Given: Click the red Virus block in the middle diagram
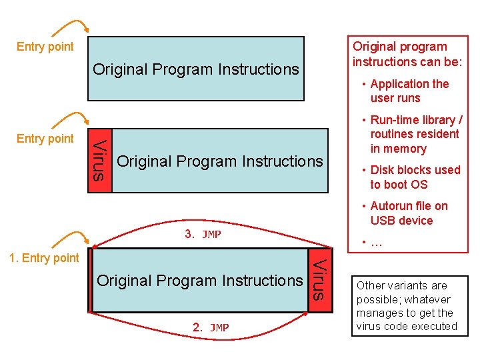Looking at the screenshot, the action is click(x=100, y=161).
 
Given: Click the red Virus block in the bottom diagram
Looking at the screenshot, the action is click(x=320, y=280).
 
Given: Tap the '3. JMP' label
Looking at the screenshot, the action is click(x=203, y=234).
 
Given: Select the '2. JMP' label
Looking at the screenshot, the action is click(x=211, y=327).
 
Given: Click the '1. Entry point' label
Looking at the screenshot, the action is click(x=44, y=258).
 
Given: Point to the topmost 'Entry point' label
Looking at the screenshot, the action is click(x=45, y=47).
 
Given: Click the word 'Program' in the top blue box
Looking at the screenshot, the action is click(x=183, y=70).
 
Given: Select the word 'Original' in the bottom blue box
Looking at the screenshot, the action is click(x=125, y=281).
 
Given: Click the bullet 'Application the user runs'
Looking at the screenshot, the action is click(x=406, y=91).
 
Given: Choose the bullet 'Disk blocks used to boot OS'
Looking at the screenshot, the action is click(x=411, y=177).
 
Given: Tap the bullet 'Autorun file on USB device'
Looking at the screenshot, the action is click(x=405, y=213).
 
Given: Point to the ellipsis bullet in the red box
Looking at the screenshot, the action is click(x=372, y=243).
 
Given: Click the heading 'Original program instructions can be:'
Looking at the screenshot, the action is click(x=407, y=54).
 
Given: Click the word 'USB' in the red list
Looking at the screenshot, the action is click(x=381, y=221).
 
